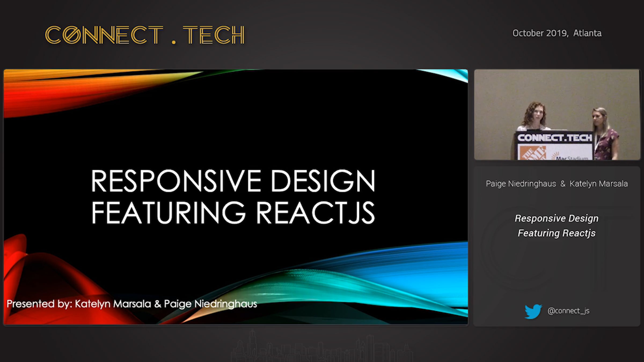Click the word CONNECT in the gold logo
(104, 35)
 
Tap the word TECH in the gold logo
(214, 35)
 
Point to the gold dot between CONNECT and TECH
(174, 42)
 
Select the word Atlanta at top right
(587, 33)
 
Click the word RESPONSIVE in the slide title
(176, 181)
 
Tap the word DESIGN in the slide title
(323, 181)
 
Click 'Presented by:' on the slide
(39, 304)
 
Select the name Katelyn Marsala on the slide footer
(113, 304)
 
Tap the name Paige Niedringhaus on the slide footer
(210, 304)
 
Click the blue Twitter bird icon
(533, 311)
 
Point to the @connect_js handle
(568, 311)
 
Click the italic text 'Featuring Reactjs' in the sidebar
(557, 233)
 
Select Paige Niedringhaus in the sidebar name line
(521, 184)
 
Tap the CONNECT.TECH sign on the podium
(555, 138)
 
